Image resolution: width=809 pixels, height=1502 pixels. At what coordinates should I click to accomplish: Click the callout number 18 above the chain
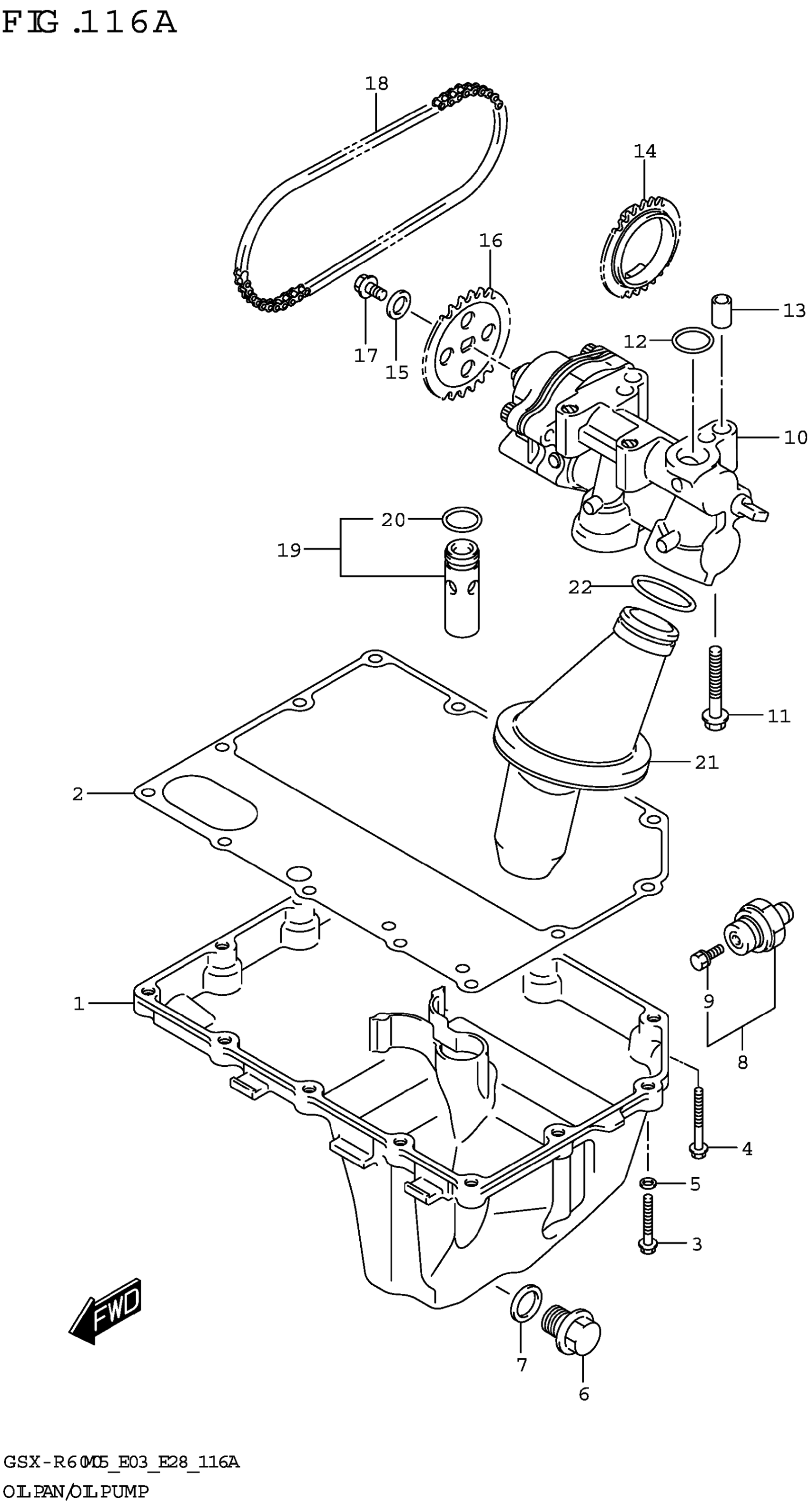click(x=376, y=84)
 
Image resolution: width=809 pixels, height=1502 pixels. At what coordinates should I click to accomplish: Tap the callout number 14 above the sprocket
click(x=645, y=151)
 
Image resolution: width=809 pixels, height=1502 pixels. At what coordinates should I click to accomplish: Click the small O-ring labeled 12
click(x=692, y=340)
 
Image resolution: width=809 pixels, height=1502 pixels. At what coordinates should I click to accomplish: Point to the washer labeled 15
click(x=399, y=301)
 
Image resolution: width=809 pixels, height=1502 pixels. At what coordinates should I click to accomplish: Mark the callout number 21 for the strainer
click(x=706, y=762)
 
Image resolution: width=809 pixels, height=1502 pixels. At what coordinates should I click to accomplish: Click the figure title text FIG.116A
click(x=89, y=23)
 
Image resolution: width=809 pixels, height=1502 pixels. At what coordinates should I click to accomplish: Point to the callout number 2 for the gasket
click(x=78, y=793)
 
